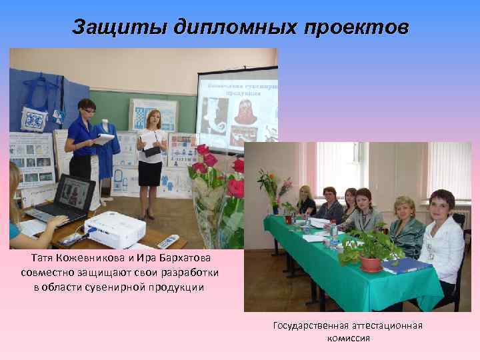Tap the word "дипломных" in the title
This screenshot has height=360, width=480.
point(231,27)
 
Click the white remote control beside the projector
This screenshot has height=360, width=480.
point(167,240)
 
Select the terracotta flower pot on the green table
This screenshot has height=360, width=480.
point(370,263)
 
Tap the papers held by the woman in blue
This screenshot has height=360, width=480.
point(104,139)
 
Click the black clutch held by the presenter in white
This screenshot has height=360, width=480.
point(153,151)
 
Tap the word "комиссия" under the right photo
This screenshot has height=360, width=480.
point(348,338)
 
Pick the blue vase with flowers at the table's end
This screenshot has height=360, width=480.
point(275,207)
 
